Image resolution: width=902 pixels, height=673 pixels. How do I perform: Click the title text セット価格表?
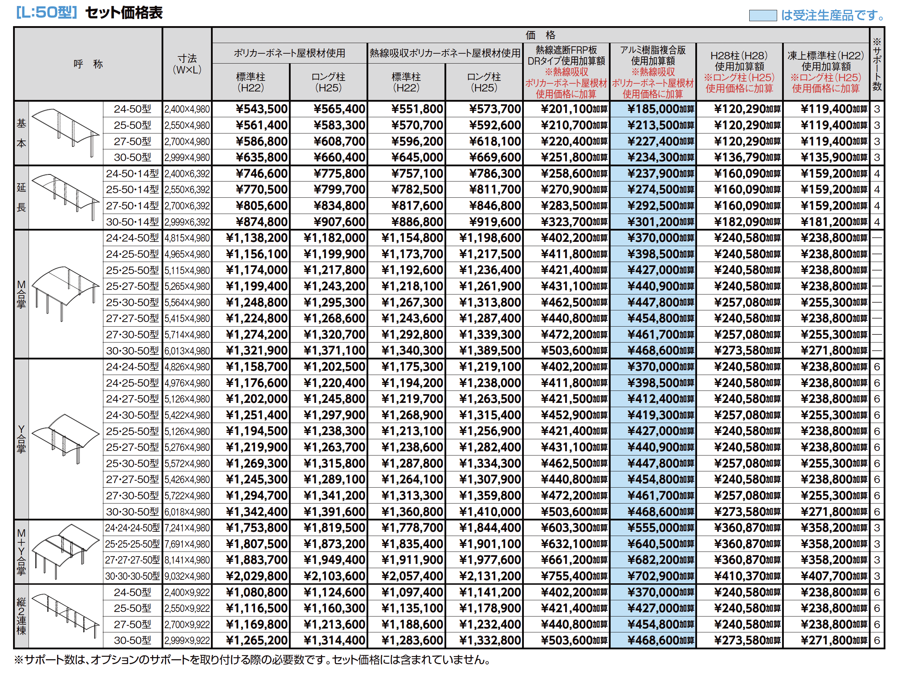pyautogui.click(x=124, y=13)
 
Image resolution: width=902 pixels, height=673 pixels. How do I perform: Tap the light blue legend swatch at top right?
pyautogui.click(x=762, y=16)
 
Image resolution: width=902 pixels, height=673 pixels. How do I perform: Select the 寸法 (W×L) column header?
pyautogui.click(x=187, y=64)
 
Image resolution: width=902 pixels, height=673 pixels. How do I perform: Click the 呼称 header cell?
pyautogui.click(x=88, y=64)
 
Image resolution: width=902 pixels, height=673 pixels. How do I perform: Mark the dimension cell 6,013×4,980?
pyautogui.click(x=187, y=351)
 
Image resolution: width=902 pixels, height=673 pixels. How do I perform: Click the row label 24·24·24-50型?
pyautogui.click(x=132, y=528)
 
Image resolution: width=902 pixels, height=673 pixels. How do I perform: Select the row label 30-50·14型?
pyautogui.click(x=132, y=222)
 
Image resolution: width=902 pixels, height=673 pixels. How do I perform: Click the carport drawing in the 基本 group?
pyautogui.click(x=65, y=132)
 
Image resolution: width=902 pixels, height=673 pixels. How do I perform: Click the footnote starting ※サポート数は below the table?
pyautogui.click(x=252, y=660)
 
